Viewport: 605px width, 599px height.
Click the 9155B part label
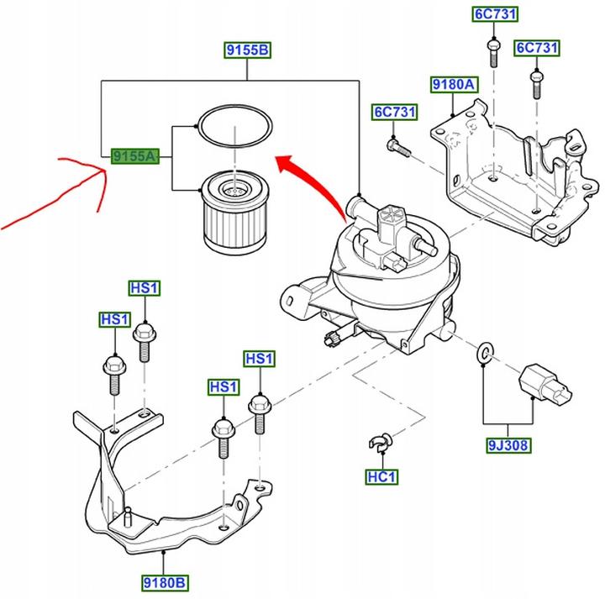point(248,50)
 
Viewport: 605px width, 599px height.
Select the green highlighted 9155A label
point(135,156)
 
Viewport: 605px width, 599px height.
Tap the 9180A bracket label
point(454,85)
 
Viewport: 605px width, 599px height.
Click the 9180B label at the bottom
point(165,582)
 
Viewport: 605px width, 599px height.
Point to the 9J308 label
point(508,445)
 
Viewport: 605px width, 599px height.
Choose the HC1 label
point(381,477)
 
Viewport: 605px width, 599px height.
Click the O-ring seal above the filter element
point(234,126)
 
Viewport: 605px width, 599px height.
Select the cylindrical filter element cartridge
point(234,213)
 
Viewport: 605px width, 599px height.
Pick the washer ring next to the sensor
point(485,352)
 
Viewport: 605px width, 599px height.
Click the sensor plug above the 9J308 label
point(544,384)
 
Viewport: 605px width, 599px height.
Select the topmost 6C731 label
point(495,14)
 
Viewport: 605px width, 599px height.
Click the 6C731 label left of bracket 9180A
point(395,113)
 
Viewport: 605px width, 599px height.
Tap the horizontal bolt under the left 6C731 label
point(398,148)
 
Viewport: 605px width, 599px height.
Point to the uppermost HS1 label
point(145,288)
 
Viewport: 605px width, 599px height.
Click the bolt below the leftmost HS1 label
point(114,374)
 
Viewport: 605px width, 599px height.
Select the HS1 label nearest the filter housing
point(260,359)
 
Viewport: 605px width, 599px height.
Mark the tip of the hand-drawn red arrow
point(105,170)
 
